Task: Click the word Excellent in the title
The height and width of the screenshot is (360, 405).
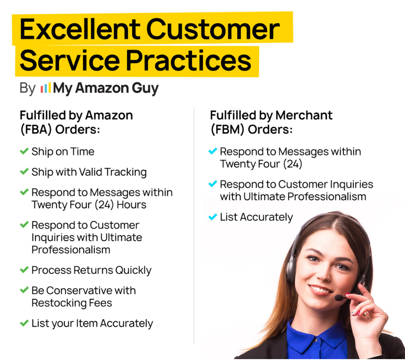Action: [x=80, y=29]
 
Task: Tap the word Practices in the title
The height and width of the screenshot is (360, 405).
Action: [x=189, y=61]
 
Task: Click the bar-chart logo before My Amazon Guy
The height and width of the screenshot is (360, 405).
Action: [x=46, y=88]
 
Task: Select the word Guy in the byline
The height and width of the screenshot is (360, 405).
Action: [x=145, y=89]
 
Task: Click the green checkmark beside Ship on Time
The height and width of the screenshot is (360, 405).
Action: [x=24, y=151]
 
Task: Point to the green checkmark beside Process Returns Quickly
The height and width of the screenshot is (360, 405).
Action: [x=24, y=270]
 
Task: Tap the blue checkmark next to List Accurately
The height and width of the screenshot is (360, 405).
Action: [x=212, y=216]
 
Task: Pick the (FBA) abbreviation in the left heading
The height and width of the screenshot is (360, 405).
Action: [x=36, y=130]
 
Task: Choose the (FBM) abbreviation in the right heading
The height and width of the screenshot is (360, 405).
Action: [x=227, y=130]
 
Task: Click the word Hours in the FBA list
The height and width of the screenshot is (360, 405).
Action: [x=131, y=205]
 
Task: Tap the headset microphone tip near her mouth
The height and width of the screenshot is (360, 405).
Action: [x=338, y=298]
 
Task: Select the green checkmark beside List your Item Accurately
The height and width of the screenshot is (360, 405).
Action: [x=24, y=323]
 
